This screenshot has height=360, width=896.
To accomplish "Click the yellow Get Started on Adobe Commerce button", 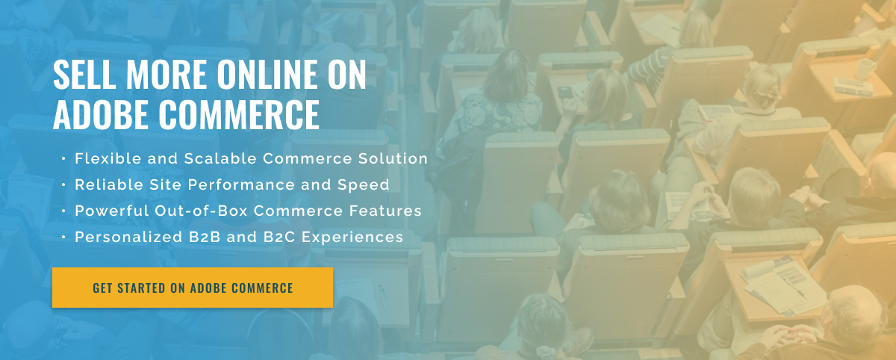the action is [x=193, y=288].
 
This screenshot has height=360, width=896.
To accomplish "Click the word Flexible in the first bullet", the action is [x=108, y=158].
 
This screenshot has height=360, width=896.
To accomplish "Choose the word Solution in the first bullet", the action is [x=393, y=158].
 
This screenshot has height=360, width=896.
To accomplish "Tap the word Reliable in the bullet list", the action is [x=109, y=184].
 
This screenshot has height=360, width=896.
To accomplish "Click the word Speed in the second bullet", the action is [x=363, y=185].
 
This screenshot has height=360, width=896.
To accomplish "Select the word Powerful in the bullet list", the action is [x=112, y=211].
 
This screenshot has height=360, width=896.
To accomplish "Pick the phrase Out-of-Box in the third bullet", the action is [x=201, y=211].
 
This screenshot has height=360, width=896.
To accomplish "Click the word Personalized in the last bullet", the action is [x=128, y=238].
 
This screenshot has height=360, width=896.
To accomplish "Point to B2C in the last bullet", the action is [x=279, y=237].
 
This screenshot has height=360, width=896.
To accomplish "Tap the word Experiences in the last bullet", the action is [x=352, y=238].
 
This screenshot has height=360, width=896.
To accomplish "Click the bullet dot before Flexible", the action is [x=63, y=159].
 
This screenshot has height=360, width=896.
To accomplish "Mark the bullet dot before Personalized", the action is [x=63, y=238].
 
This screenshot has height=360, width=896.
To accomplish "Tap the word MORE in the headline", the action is [x=167, y=74].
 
